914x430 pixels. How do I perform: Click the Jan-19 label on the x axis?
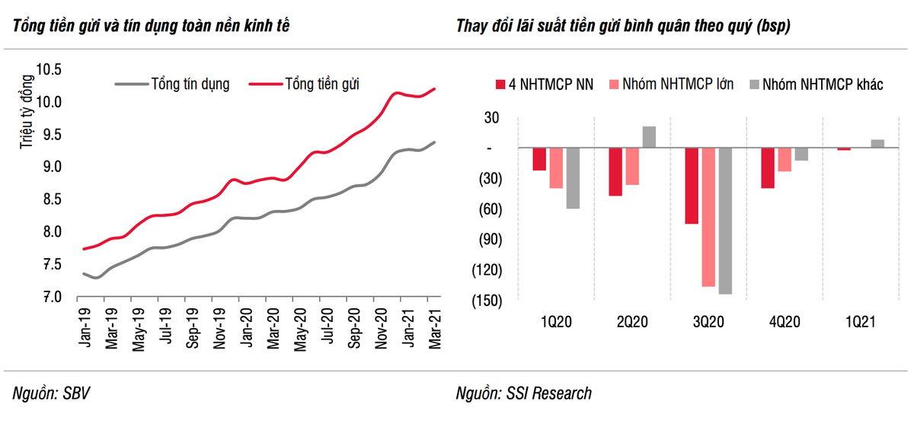[x=83, y=329]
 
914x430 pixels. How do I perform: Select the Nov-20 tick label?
[x=382, y=329]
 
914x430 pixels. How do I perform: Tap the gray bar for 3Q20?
[x=724, y=221]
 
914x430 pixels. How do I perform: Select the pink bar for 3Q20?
[x=708, y=217]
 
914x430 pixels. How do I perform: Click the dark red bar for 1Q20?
[x=539, y=159]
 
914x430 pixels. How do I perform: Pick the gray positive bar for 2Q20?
[x=648, y=137]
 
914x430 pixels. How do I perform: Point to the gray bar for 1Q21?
[x=877, y=144]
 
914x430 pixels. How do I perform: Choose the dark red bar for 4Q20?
[x=768, y=167]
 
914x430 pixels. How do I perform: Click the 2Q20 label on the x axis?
[x=632, y=322]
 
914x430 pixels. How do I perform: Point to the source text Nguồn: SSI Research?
[x=523, y=393]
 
